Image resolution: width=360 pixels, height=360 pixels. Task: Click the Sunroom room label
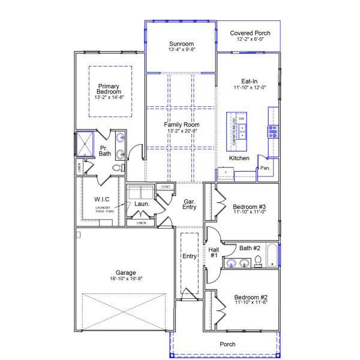point(181,44)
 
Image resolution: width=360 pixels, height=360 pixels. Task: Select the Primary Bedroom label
point(109,89)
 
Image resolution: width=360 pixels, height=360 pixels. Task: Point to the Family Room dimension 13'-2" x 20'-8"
point(181,130)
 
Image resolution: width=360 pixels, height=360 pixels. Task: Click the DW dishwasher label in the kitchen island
point(242,119)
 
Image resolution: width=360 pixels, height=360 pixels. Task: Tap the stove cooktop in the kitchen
point(273,131)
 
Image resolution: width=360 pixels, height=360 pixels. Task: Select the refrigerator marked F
point(226,173)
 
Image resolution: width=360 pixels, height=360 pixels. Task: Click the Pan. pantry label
point(265,168)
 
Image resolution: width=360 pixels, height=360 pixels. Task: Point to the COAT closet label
point(166,187)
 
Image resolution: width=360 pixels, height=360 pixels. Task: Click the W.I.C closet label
point(101,199)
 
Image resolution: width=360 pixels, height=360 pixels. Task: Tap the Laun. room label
point(142,204)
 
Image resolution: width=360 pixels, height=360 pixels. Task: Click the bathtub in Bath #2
point(273,256)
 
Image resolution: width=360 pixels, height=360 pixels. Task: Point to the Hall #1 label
point(214,253)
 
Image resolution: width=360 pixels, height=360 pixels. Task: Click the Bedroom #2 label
point(250,298)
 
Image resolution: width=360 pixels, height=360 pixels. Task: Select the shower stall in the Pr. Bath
point(85,145)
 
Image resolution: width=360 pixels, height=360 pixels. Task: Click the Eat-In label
point(250,81)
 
